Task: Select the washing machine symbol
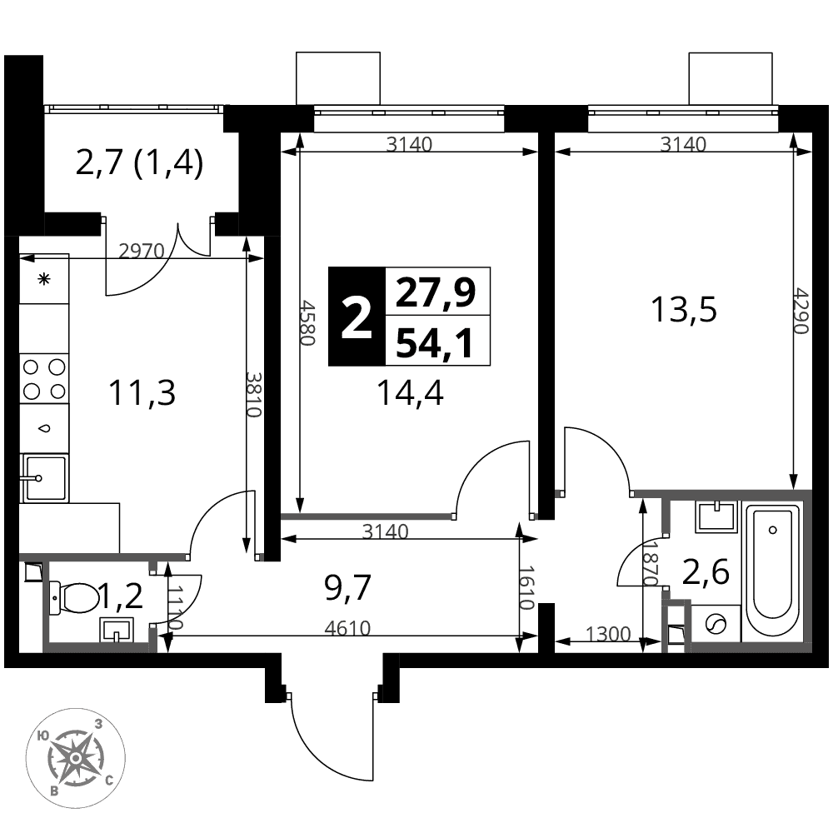tap(716, 623)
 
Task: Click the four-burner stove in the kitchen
tap(44, 379)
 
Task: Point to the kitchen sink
tap(44, 478)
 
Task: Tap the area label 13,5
tap(684, 310)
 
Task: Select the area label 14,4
tap(410, 394)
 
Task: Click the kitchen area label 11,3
tap(142, 393)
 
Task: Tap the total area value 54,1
tap(435, 342)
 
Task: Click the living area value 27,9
tap(435, 292)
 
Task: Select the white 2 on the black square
tap(356, 317)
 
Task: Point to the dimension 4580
tap(309, 323)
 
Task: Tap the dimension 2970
tap(142, 250)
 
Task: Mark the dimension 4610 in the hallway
tap(347, 628)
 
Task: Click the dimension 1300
tap(608, 634)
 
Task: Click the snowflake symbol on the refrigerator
tap(43, 279)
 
